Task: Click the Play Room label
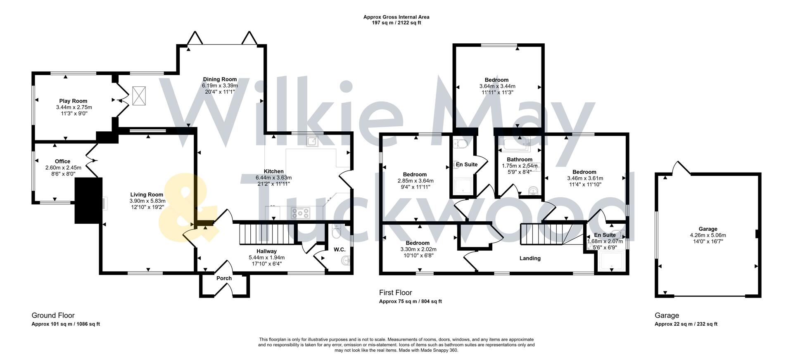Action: pyautogui.click(x=73, y=101)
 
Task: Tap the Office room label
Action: pyautogui.click(x=62, y=161)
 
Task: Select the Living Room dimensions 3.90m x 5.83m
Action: pyautogui.click(x=147, y=201)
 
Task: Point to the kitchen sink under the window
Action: pyautogui.click(x=312, y=142)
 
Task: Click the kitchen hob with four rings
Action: pyautogui.click(x=300, y=213)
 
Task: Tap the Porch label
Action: pyautogui.click(x=224, y=278)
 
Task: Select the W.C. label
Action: pyautogui.click(x=340, y=249)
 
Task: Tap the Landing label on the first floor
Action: pyautogui.click(x=530, y=258)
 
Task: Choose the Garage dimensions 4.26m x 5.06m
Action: pyautogui.click(x=708, y=235)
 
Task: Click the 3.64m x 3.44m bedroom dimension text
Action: pyautogui.click(x=497, y=86)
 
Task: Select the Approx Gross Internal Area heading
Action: pyautogui.click(x=396, y=17)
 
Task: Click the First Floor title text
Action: pyautogui.click(x=395, y=293)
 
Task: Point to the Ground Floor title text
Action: pyautogui.click(x=53, y=315)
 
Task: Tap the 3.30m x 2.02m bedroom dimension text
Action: pyautogui.click(x=418, y=249)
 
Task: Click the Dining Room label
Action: pyautogui.click(x=220, y=79)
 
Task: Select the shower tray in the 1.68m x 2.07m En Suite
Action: pyautogui.click(x=610, y=261)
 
